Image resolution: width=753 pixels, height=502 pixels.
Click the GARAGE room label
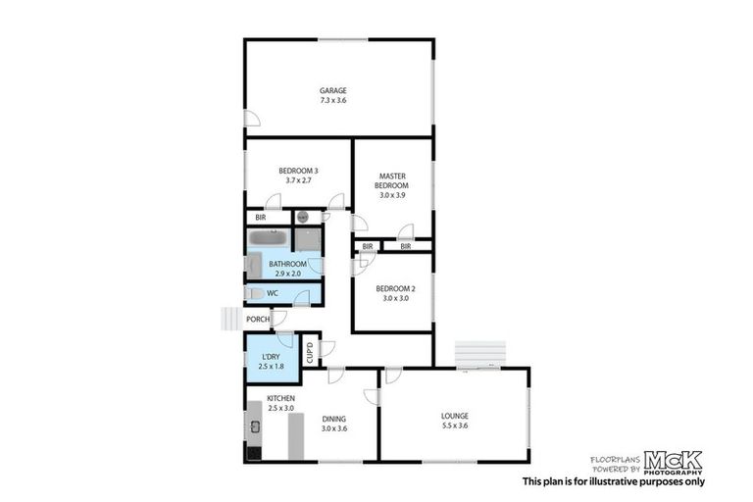(332, 90)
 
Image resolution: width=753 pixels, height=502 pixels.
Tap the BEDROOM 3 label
(298, 171)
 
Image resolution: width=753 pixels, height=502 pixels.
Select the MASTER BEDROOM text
(392, 180)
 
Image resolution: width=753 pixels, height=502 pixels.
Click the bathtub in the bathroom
(267, 238)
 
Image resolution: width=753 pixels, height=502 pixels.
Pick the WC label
(274, 292)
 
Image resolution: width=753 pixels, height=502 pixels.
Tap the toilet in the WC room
(254, 293)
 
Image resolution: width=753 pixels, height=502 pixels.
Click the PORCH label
(258, 319)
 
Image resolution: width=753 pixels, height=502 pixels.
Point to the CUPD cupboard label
(309, 350)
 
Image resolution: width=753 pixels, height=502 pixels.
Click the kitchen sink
(254, 427)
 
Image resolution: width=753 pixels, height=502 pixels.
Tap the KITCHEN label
(280, 398)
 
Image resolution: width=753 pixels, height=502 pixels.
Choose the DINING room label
(334, 419)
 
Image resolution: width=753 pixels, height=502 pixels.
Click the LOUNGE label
(454, 416)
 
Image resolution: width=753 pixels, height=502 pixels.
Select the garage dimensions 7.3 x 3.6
(332, 100)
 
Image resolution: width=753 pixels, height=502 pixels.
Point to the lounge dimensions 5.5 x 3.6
(454, 427)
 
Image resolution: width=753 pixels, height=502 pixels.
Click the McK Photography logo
(672, 462)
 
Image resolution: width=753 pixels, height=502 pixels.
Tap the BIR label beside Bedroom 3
(261, 218)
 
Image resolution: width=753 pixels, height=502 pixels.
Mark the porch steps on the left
(230, 319)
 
